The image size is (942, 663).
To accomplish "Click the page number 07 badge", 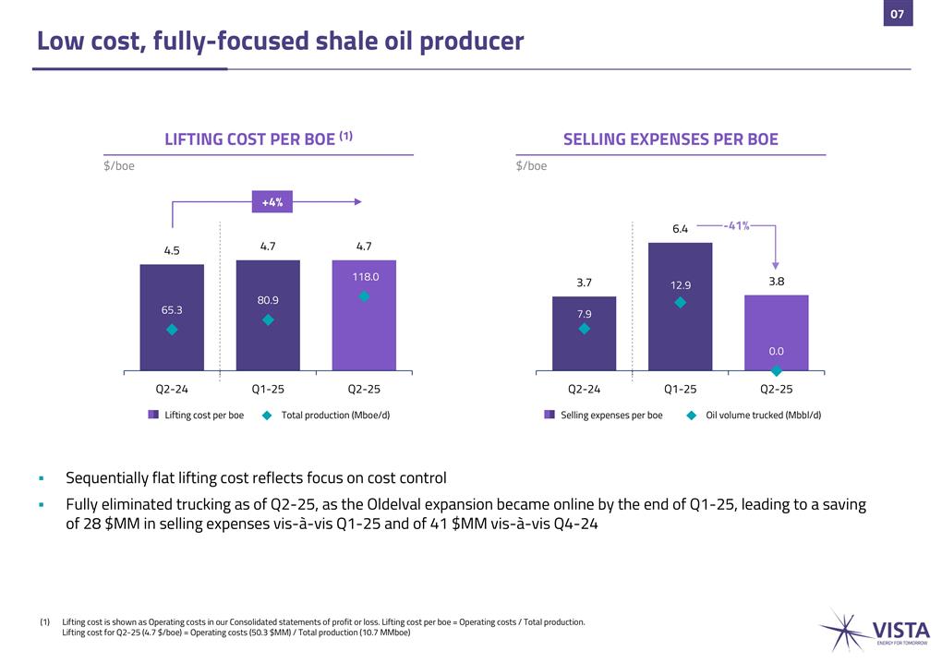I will coord(897,14).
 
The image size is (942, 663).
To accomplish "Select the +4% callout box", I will coord(272,201).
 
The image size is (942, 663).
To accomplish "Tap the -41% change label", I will coord(736,225).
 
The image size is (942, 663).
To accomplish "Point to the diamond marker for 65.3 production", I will coord(172,330).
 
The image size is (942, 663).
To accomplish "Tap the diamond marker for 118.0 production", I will coord(364,296).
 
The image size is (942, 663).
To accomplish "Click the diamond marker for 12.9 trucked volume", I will coord(680,302).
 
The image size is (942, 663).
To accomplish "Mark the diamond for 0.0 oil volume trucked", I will coord(777,370).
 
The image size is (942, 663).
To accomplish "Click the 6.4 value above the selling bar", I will coord(680,228).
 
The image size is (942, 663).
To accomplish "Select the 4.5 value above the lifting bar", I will coord(172,249).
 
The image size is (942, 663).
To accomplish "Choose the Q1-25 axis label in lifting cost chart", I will coord(268,390).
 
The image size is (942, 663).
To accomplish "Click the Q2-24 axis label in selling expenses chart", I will coord(584,390).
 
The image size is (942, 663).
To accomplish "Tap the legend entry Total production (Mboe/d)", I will coord(335,416).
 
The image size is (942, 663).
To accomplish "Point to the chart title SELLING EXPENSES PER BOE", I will coord(670,139).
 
